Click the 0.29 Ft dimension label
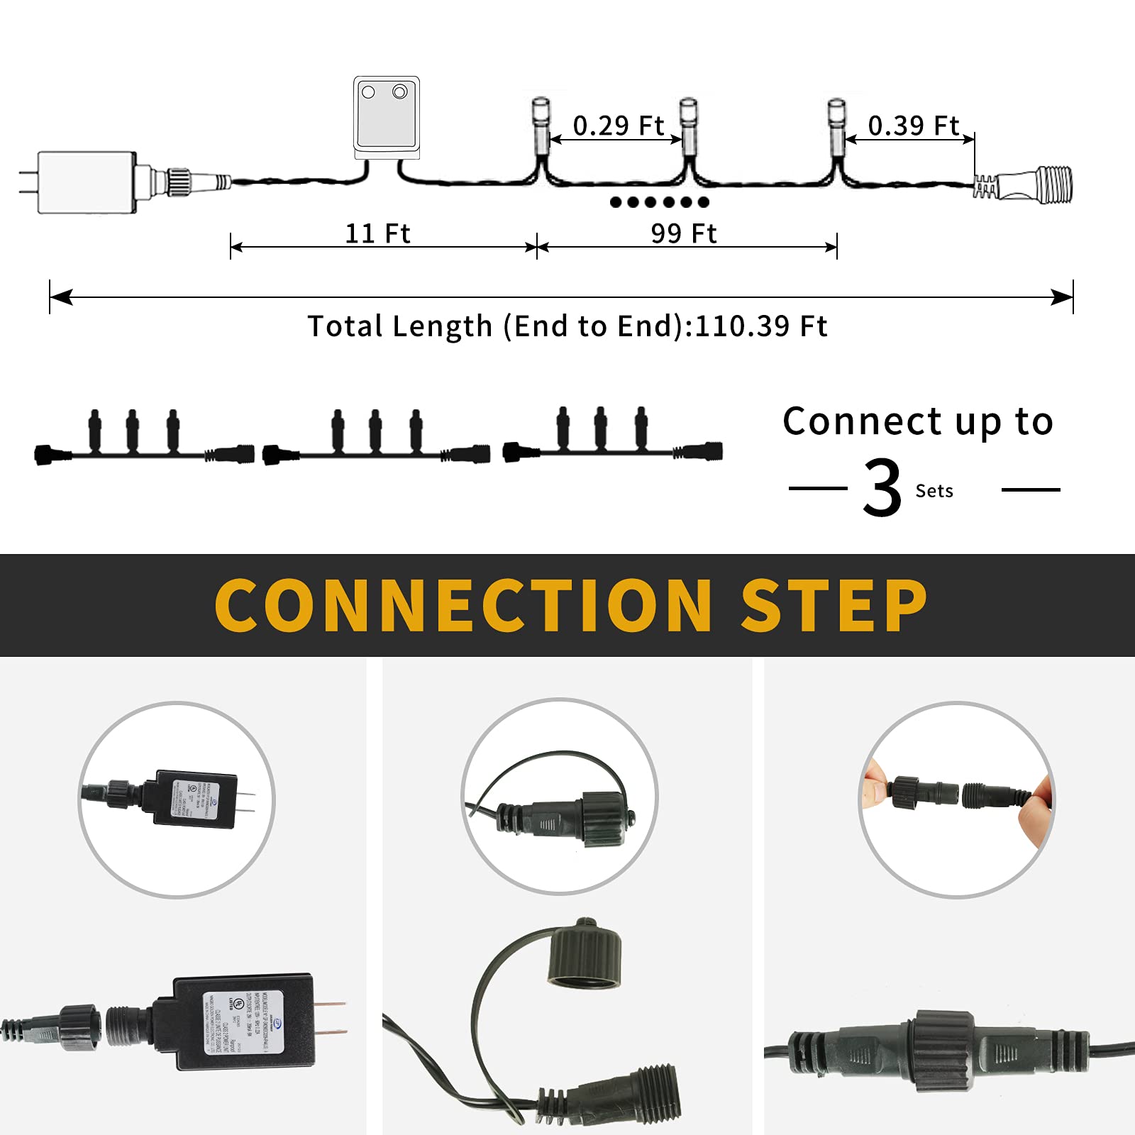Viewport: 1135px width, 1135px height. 618,126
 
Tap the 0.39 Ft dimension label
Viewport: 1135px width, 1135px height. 913,126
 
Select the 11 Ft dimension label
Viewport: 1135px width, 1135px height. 377,233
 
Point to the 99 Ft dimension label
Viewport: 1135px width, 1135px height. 684,233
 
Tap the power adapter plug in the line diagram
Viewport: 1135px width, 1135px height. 86,182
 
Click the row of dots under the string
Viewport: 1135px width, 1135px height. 659,202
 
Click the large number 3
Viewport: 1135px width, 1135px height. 882,487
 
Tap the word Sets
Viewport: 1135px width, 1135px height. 934,491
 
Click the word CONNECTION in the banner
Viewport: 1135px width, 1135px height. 463,605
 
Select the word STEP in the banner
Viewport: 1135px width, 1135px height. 834,605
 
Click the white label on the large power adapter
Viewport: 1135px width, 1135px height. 243,1022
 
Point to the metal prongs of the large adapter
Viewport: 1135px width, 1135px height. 330,1018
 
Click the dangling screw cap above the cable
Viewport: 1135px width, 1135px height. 585,954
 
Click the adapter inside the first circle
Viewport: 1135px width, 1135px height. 194,799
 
